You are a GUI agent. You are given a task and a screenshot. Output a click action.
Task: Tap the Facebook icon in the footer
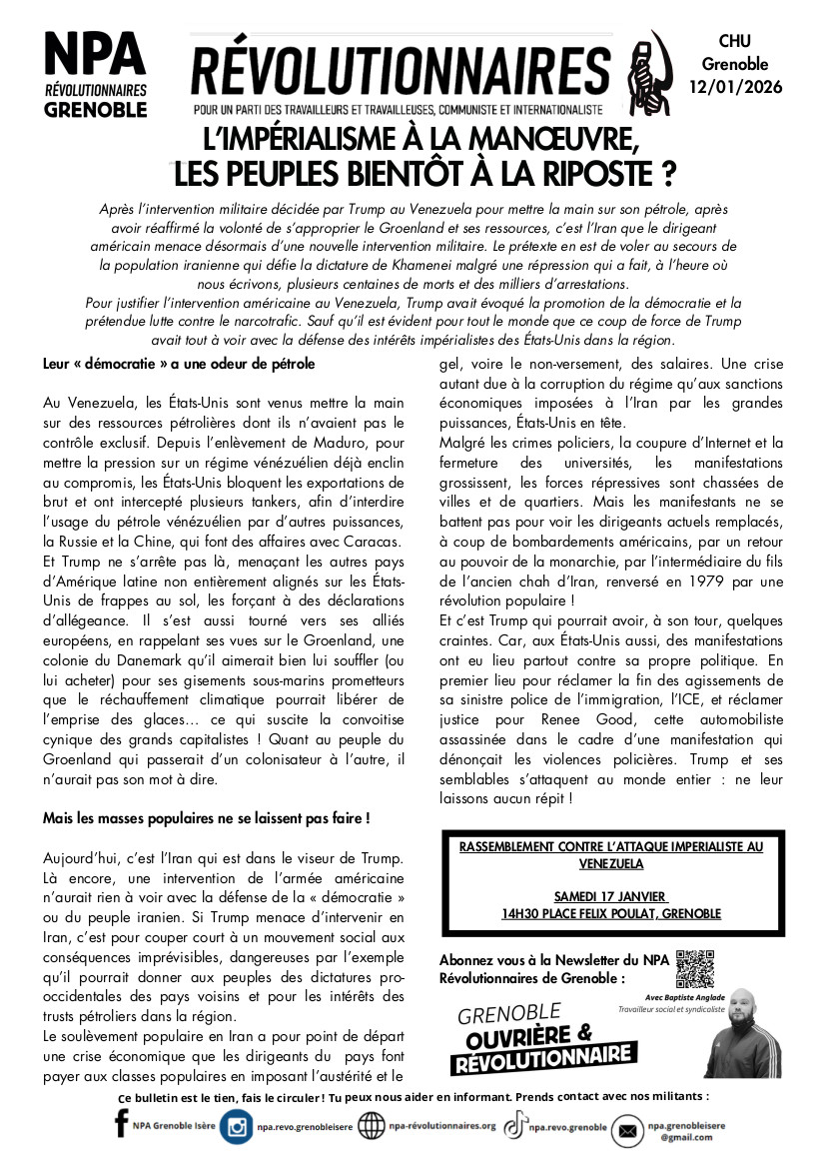[x=122, y=1127]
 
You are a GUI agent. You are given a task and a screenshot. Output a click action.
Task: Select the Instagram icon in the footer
[x=238, y=1127]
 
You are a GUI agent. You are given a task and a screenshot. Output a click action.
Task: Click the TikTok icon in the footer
[x=513, y=1126]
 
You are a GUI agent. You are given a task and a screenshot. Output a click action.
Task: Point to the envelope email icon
[x=627, y=1130]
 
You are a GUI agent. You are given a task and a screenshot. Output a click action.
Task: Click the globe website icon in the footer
[x=372, y=1127]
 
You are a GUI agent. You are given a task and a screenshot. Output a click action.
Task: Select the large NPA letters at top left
[x=95, y=51]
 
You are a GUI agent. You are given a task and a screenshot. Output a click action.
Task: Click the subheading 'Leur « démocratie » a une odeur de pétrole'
[x=179, y=364]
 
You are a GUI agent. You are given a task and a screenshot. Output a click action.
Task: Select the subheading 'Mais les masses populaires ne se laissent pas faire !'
[x=207, y=817]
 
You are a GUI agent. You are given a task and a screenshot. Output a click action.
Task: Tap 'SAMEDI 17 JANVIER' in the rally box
[x=610, y=895]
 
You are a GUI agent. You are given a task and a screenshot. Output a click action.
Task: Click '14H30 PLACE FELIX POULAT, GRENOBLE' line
[x=610, y=913]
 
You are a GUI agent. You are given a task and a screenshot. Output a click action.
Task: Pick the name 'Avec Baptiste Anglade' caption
[x=651, y=997]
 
